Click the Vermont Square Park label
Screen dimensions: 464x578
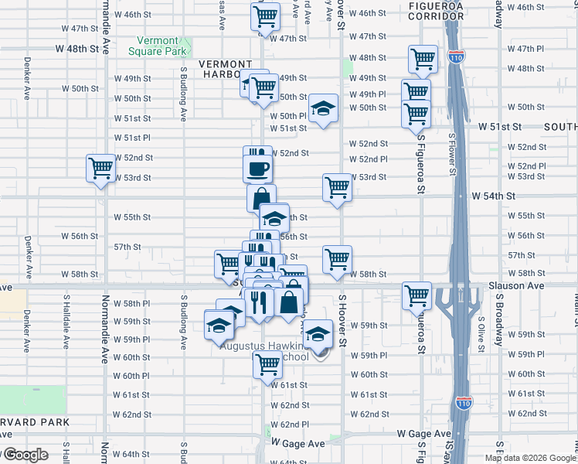click(162, 46)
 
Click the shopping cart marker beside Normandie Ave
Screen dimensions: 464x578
click(100, 168)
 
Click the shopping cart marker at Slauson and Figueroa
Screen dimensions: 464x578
click(416, 295)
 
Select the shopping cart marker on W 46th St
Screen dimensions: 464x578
click(265, 16)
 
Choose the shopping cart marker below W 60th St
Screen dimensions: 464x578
click(267, 363)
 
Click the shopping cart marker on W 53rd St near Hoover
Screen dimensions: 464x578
click(337, 187)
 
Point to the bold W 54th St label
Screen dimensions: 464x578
click(493, 196)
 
